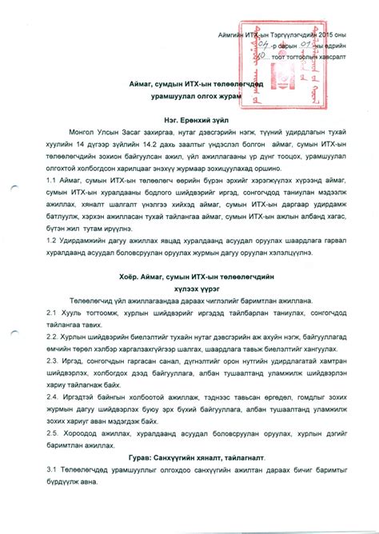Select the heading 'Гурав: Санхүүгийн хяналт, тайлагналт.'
coord(191,456)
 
